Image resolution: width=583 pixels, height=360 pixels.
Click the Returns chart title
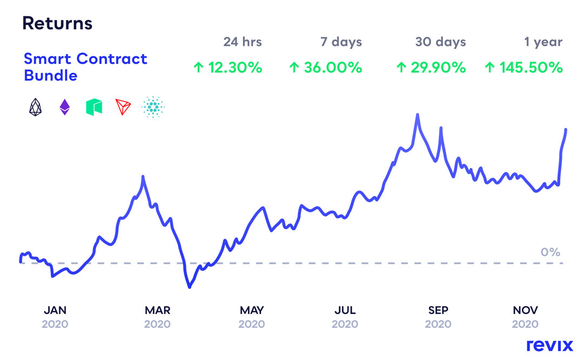(57, 24)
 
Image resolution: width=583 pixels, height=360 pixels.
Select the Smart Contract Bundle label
(85, 66)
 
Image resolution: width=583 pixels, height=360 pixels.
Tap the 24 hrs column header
(242, 42)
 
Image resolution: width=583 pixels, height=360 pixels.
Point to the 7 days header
(340, 42)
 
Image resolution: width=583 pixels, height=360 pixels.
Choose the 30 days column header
(440, 42)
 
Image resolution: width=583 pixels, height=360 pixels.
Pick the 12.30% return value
(228, 68)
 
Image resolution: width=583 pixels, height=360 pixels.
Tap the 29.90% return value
(430, 68)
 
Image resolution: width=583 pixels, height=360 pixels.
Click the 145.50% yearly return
(523, 68)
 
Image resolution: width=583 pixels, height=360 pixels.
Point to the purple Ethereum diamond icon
(64, 108)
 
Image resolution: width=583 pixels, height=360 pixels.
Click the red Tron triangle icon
(123, 108)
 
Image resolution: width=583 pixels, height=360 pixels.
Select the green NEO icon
(94, 108)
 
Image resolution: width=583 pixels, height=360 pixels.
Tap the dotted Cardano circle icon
(153, 108)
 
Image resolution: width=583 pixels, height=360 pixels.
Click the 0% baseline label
(550, 252)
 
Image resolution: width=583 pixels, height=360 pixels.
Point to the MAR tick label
(157, 310)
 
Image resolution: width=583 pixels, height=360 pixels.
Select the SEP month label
(438, 310)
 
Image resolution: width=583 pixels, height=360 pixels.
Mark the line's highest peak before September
(418, 115)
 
